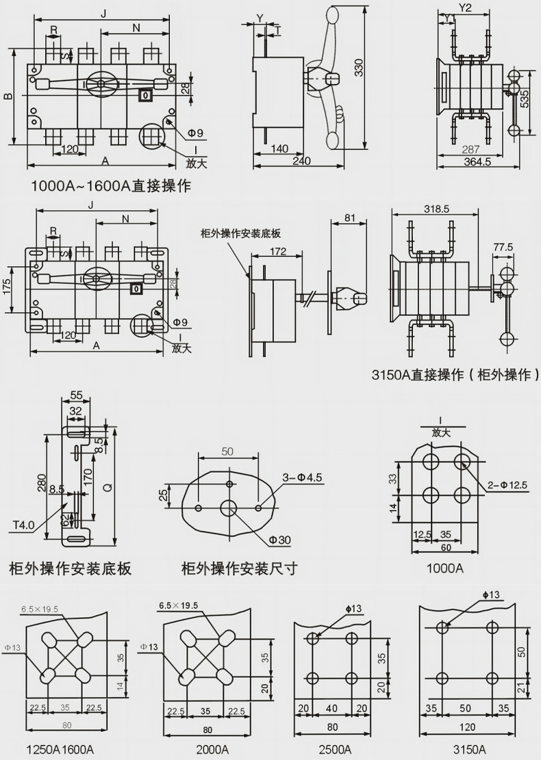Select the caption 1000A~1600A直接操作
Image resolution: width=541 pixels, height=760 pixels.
tap(111, 185)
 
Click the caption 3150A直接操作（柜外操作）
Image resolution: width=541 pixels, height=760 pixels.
tap(455, 375)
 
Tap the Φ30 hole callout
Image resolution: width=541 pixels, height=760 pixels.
tap(279, 540)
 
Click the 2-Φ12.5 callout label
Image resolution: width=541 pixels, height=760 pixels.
tap(507, 485)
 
